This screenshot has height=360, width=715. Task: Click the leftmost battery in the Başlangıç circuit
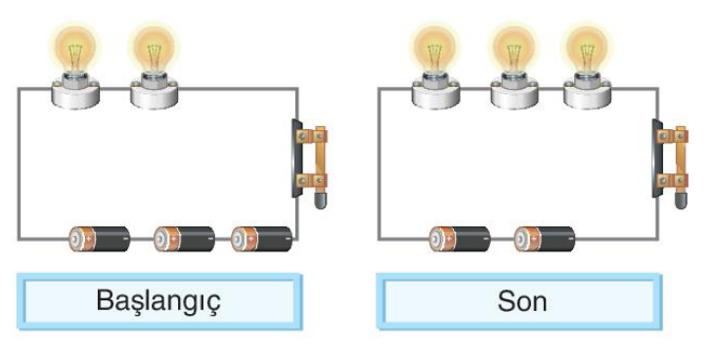[x=100, y=239]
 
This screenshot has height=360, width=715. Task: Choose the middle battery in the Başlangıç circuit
[x=184, y=239]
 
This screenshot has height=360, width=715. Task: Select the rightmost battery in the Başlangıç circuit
[x=261, y=239]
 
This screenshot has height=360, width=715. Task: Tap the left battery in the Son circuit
[x=460, y=239]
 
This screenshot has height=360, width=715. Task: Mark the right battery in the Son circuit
[x=545, y=239]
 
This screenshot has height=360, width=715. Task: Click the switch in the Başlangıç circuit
[x=310, y=163]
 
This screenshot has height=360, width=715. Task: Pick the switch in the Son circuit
[x=670, y=163]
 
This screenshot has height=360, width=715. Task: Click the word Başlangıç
[x=158, y=301]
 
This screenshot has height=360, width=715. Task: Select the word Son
[x=522, y=301]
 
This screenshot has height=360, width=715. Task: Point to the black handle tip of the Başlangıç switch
[x=321, y=200]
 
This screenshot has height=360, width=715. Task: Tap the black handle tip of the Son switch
[x=681, y=200]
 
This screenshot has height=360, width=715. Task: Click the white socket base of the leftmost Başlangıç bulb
[x=74, y=94]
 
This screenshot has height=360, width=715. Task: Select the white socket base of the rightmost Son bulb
[x=587, y=94]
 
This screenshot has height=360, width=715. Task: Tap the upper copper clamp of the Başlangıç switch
[x=312, y=136]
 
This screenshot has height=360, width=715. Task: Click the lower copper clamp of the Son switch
[x=672, y=180]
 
